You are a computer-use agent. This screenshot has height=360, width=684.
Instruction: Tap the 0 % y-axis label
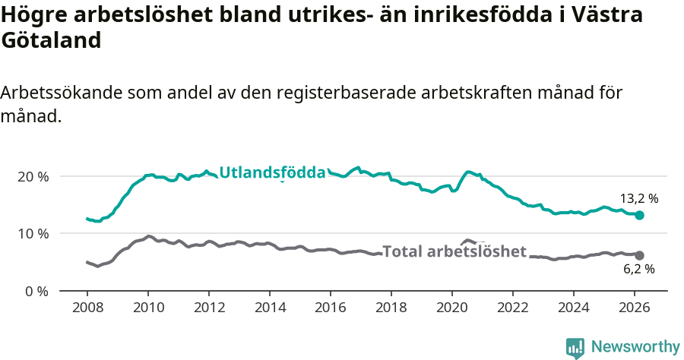click(36, 291)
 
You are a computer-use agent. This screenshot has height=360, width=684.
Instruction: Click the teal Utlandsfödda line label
click(272, 173)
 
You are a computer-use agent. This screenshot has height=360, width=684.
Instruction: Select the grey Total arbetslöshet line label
click(454, 251)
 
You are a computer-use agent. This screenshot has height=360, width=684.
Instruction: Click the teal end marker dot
click(639, 216)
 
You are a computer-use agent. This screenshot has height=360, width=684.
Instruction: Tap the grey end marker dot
click(639, 255)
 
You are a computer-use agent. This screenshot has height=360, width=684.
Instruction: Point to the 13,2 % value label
click(639, 199)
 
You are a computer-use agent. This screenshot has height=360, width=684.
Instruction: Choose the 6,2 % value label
click(639, 269)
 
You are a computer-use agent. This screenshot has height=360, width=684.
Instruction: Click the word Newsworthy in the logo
click(635, 347)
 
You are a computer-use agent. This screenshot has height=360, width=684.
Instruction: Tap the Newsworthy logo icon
click(575, 348)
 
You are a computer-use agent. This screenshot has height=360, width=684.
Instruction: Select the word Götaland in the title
click(51, 41)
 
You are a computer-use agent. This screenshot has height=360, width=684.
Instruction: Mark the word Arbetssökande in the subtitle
click(62, 93)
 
